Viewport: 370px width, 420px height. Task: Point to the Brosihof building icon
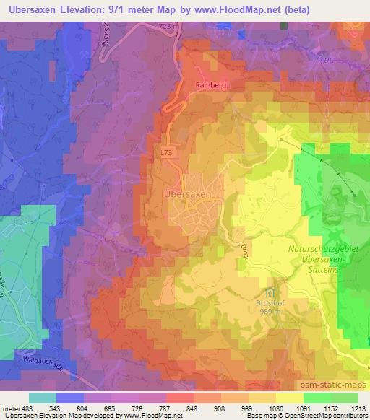[270, 293]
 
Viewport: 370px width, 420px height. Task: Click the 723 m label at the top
[171, 27]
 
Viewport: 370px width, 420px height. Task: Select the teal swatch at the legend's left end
[43, 398]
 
